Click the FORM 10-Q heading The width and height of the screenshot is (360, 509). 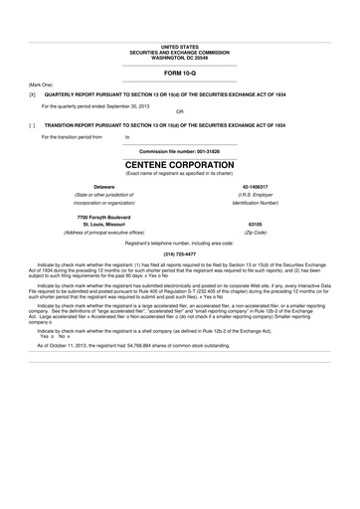click(179, 75)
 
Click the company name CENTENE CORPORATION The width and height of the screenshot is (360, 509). click(179, 162)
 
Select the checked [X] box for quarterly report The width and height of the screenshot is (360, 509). click(32, 96)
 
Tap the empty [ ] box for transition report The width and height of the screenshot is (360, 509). click(32, 126)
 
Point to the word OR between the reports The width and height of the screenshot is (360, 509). click(179, 111)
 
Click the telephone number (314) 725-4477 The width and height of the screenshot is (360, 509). click(179, 253)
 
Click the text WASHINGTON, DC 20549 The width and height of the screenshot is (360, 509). click(179, 58)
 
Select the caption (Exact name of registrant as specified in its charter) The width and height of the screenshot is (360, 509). click(179, 173)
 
